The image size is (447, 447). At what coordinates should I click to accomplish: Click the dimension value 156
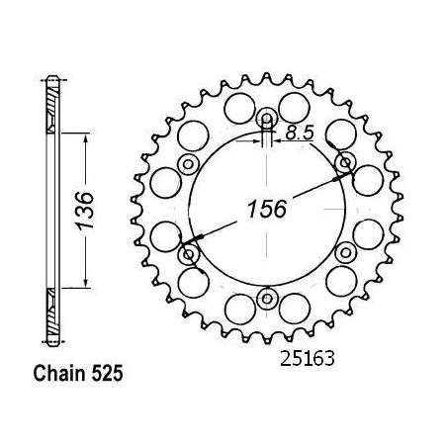click(267, 210)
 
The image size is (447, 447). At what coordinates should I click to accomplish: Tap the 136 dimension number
click(84, 210)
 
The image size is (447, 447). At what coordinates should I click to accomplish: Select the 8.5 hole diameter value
click(300, 133)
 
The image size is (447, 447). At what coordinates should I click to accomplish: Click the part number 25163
click(308, 358)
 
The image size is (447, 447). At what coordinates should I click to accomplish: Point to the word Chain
click(59, 374)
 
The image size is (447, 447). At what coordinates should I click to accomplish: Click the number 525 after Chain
click(107, 374)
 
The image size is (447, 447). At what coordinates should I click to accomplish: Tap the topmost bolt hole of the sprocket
click(267, 119)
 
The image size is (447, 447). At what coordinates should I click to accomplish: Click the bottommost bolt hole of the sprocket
click(267, 299)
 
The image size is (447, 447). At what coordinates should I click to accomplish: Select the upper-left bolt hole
click(189, 164)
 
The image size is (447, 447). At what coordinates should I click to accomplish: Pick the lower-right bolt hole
click(346, 253)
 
